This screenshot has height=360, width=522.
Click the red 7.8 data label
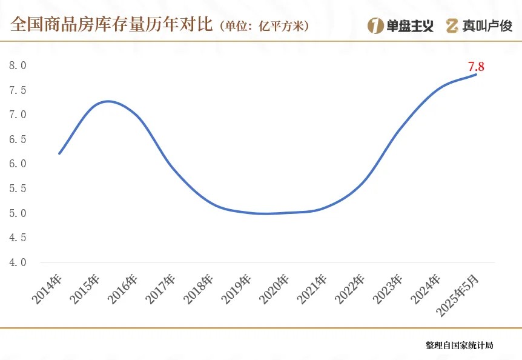point(476,67)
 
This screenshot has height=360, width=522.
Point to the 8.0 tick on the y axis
point(18,65)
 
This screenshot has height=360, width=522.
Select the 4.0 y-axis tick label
point(18,262)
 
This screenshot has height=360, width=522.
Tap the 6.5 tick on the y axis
point(18,139)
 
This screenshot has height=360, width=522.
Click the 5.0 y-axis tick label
point(18,213)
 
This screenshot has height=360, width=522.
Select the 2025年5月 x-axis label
point(461,293)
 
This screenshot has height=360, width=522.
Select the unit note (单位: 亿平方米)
point(265,26)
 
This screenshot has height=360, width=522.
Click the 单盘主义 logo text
point(410,25)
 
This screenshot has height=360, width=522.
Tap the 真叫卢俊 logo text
point(487,25)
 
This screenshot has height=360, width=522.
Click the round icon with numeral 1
point(375,25)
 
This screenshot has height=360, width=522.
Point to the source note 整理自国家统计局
point(459,345)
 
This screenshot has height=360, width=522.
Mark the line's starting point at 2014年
point(59,153)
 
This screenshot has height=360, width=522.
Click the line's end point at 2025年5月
point(476,74)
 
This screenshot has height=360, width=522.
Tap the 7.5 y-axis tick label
point(18,90)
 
